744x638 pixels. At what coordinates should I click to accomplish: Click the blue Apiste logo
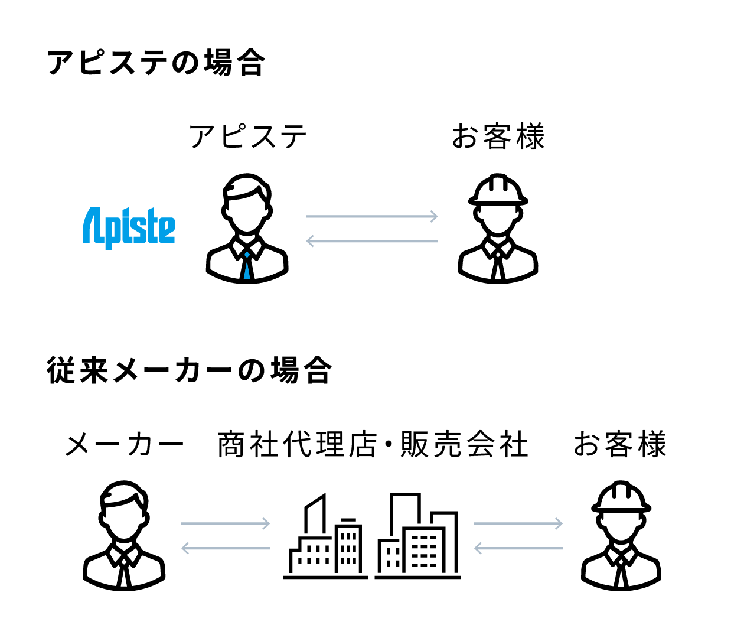[x=129, y=228]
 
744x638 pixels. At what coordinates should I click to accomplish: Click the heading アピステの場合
[x=156, y=63]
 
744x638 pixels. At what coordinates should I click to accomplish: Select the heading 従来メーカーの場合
[x=189, y=371]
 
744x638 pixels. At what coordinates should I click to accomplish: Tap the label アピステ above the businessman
[x=248, y=137]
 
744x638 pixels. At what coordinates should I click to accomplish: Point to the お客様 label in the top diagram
[x=498, y=137]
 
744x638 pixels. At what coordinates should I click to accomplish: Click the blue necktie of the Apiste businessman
[x=247, y=266]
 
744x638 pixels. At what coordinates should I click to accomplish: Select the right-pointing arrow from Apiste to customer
[x=372, y=216]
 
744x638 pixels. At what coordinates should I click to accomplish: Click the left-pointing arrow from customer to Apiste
[x=372, y=241]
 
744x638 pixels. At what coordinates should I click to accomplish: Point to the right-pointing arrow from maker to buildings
[x=226, y=523]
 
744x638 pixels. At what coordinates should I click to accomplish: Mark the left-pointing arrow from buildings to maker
[x=226, y=548]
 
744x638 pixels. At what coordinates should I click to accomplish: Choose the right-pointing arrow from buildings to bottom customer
[x=518, y=523]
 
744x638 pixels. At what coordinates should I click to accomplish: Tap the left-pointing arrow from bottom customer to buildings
[x=518, y=548]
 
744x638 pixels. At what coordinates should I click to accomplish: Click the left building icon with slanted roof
[x=325, y=541]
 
